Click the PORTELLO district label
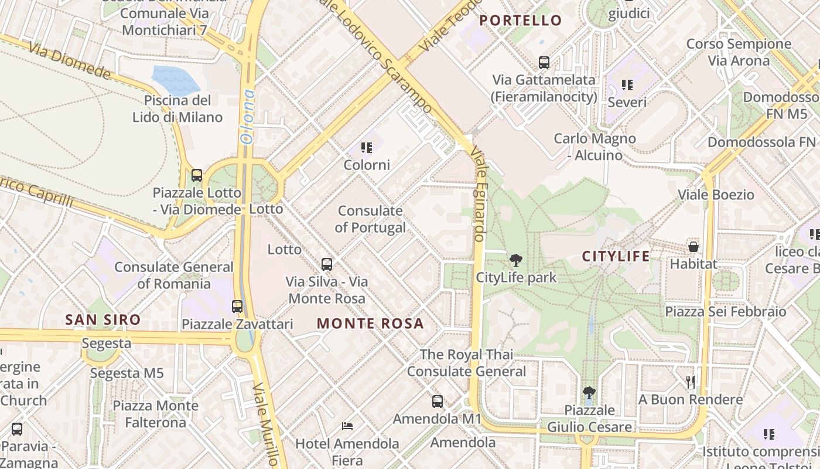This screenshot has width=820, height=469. pyautogui.click(x=520, y=21)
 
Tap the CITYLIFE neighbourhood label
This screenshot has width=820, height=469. pyautogui.click(x=616, y=256)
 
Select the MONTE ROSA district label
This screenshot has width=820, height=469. pyautogui.click(x=370, y=324)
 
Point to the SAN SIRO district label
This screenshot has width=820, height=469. pyautogui.click(x=102, y=320)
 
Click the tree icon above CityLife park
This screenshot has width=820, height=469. pyautogui.click(x=516, y=260)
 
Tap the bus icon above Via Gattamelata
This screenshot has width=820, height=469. pyautogui.click(x=544, y=62)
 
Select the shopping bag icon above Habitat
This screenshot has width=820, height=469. pyautogui.click(x=693, y=247)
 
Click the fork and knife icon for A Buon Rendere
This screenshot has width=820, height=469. pyautogui.click(x=691, y=382)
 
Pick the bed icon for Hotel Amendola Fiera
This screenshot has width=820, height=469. pyautogui.click(x=347, y=426)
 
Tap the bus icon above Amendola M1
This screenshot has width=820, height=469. pyautogui.click(x=438, y=402)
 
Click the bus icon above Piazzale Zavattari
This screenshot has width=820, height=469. pyautogui.click(x=237, y=307)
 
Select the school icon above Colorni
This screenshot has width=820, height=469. pyautogui.click(x=367, y=148)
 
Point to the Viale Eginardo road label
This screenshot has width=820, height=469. pyautogui.click(x=477, y=193)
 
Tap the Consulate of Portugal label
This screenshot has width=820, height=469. pyautogui.click(x=370, y=219)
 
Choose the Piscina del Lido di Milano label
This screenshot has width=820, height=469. pyautogui.click(x=177, y=108)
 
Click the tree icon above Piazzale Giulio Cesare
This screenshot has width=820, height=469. pyautogui.click(x=589, y=393)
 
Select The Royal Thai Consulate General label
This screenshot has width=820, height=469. pyautogui.click(x=466, y=363)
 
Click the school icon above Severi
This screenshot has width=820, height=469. pyautogui.click(x=627, y=85)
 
